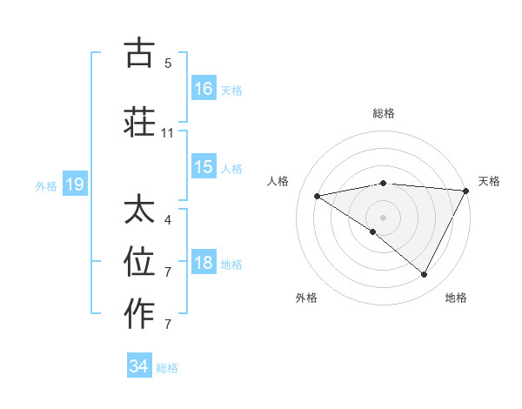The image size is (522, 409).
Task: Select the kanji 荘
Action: coord(140,122)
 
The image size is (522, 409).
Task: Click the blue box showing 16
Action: coord(204,89)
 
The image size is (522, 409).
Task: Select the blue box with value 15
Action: coord(204,168)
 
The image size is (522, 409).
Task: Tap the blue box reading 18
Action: coord(204,264)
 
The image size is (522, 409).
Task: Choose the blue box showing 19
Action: coord(74,184)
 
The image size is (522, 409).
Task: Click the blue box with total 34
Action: coord(139,366)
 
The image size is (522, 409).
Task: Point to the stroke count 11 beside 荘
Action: coord(168,133)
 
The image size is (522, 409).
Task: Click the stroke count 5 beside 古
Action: coord(168,63)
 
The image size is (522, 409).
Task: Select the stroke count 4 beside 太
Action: coord(168,220)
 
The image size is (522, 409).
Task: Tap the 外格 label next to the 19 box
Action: coord(46,185)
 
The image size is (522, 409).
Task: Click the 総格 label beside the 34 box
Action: coord(167,367)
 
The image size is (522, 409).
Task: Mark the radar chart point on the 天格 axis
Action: coord(465,191)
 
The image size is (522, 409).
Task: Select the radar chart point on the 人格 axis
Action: coord(318,196)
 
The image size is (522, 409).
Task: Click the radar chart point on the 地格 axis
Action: coord(425,275)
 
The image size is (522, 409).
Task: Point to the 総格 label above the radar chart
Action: coord(384,113)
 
